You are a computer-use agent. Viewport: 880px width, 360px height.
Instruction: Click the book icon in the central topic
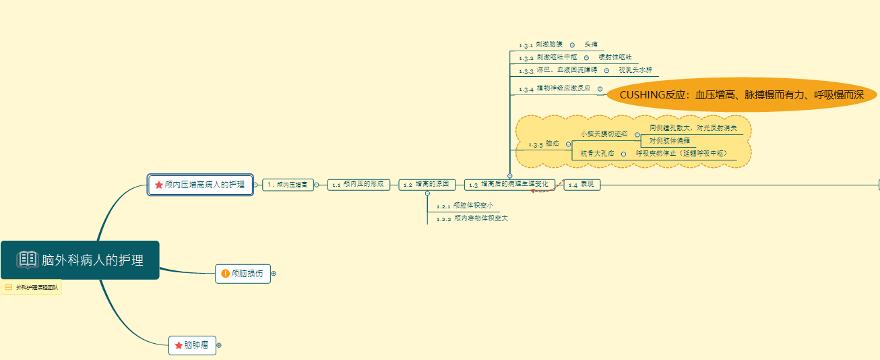click(x=28, y=260)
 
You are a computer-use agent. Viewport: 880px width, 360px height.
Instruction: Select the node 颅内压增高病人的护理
click(x=200, y=184)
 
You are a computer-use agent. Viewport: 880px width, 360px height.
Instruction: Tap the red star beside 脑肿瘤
click(x=179, y=345)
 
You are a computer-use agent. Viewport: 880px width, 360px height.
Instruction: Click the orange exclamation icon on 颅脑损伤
click(x=225, y=274)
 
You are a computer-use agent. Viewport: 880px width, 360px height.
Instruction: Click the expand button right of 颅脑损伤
click(x=274, y=274)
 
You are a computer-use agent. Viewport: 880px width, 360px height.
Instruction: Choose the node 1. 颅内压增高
click(x=288, y=184)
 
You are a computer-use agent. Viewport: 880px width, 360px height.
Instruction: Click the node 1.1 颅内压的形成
click(x=360, y=184)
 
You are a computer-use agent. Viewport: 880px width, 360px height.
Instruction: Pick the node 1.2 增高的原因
click(x=427, y=184)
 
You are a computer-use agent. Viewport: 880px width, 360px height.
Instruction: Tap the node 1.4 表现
click(x=582, y=184)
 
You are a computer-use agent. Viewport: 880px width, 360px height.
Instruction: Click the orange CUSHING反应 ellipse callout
click(x=741, y=95)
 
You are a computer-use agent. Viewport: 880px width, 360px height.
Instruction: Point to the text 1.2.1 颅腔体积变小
click(x=465, y=206)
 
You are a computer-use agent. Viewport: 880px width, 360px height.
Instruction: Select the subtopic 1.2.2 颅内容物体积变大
click(x=472, y=218)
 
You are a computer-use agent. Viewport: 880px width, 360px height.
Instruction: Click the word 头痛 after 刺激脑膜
click(x=591, y=44)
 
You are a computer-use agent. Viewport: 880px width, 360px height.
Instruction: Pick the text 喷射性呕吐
click(x=615, y=57)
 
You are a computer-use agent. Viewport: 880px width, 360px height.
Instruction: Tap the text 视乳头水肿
click(x=635, y=70)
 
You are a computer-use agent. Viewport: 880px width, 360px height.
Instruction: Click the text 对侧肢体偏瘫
click(x=669, y=140)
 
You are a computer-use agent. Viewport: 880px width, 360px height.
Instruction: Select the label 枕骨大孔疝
click(x=597, y=154)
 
